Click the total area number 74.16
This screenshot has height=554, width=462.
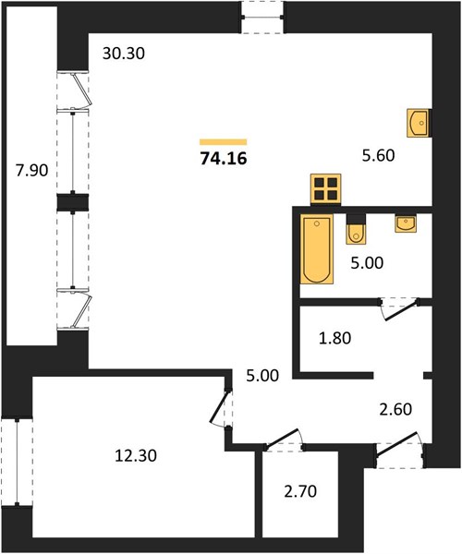tap(224, 158)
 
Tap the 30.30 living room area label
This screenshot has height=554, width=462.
tap(124, 54)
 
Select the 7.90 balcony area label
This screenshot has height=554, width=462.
tap(31, 171)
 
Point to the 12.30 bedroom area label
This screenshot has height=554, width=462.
tap(136, 455)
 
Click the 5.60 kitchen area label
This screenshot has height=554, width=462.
tap(378, 155)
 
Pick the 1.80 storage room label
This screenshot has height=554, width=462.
tap(334, 338)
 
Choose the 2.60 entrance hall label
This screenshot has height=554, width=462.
tap(395, 409)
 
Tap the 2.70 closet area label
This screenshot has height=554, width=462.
tap(300, 491)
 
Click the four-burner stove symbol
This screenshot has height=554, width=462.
tap(325, 189)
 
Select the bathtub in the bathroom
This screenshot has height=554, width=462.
tap(317, 248)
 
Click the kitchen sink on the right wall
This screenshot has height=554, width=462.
tap(419, 123)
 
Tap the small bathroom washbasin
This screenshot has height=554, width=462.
tap(406, 223)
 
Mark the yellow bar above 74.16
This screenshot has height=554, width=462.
tap(223, 142)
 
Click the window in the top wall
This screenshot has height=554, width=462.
tap(262, 17)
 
